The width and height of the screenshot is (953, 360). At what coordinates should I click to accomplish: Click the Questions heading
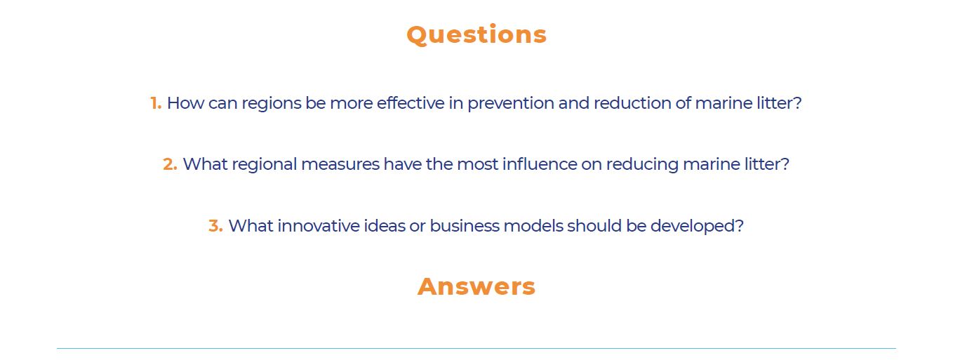pyautogui.click(x=476, y=35)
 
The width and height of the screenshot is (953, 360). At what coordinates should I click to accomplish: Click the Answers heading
pyautogui.click(x=476, y=286)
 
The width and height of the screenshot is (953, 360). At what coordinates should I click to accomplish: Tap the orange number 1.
pyautogui.click(x=156, y=103)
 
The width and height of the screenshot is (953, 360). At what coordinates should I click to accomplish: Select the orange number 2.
pyautogui.click(x=170, y=164)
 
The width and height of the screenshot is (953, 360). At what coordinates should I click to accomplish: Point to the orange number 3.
pyautogui.click(x=215, y=225)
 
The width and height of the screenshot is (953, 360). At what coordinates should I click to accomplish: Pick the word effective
pyautogui.click(x=411, y=103)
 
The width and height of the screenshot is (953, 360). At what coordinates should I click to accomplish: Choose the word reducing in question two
pyautogui.click(x=642, y=165)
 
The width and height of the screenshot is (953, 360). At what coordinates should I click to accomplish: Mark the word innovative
pyautogui.click(x=319, y=225)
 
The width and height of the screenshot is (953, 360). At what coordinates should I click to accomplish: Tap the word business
pyautogui.click(x=465, y=225)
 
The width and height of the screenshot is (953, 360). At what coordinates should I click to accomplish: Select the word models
pyautogui.click(x=533, y=225)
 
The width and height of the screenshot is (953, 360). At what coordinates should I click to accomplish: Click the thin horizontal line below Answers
pyautogui.click(x=476, y=349)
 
